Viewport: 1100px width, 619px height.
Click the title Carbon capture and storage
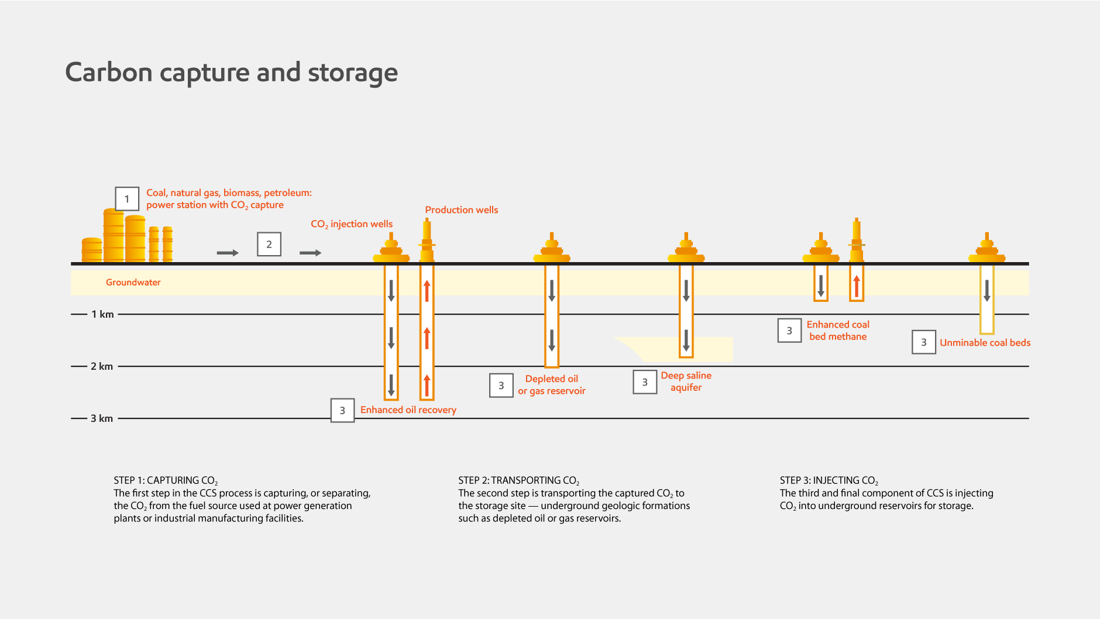point(231,73)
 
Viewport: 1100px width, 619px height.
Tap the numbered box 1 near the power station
point(126,199)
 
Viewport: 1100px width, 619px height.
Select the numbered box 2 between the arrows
point(269,245)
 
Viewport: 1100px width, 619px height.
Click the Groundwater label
point(133,282)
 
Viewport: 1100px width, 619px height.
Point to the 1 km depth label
point(102,314)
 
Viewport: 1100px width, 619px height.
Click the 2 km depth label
point(102,366)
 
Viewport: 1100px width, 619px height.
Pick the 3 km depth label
point(102,418)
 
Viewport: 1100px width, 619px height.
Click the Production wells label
point(461,209)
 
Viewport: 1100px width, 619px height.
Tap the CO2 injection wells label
point(352,224)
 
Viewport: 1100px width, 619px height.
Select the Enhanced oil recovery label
point(408,410)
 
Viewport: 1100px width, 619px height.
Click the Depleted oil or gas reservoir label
point(551,385)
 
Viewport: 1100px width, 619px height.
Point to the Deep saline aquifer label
point(686,381)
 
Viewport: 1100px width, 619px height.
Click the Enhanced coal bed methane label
point(838,331)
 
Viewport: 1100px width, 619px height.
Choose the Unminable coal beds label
point(985,343)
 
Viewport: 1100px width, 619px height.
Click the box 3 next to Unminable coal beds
point(924,342)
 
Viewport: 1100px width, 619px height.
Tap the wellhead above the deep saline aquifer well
point(686,249)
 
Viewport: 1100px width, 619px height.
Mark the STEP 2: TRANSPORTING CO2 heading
point(518,480)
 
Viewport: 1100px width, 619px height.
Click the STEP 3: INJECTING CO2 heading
point(829,480)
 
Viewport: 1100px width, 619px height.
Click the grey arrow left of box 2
point(228,253)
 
